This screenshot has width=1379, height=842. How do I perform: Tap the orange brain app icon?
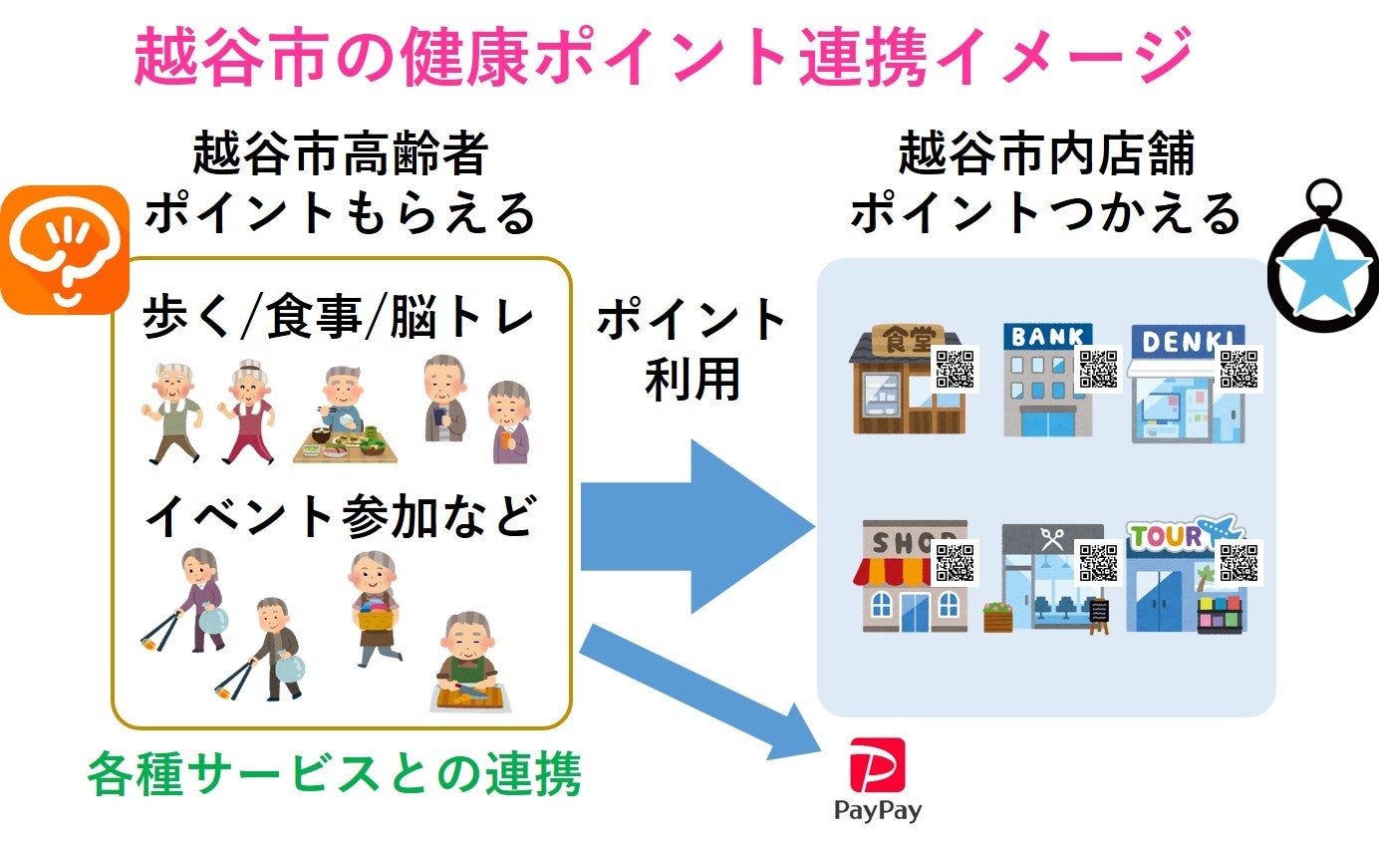click(x=64, y=250)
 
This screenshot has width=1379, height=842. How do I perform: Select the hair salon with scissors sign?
click(x=1046, y=578)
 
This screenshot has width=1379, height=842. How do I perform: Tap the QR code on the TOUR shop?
click(x=1240, y=561)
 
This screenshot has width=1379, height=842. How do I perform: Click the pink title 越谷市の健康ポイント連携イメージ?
click(x=663, y=56)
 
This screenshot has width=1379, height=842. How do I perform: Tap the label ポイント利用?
click(x=691, y=348)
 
